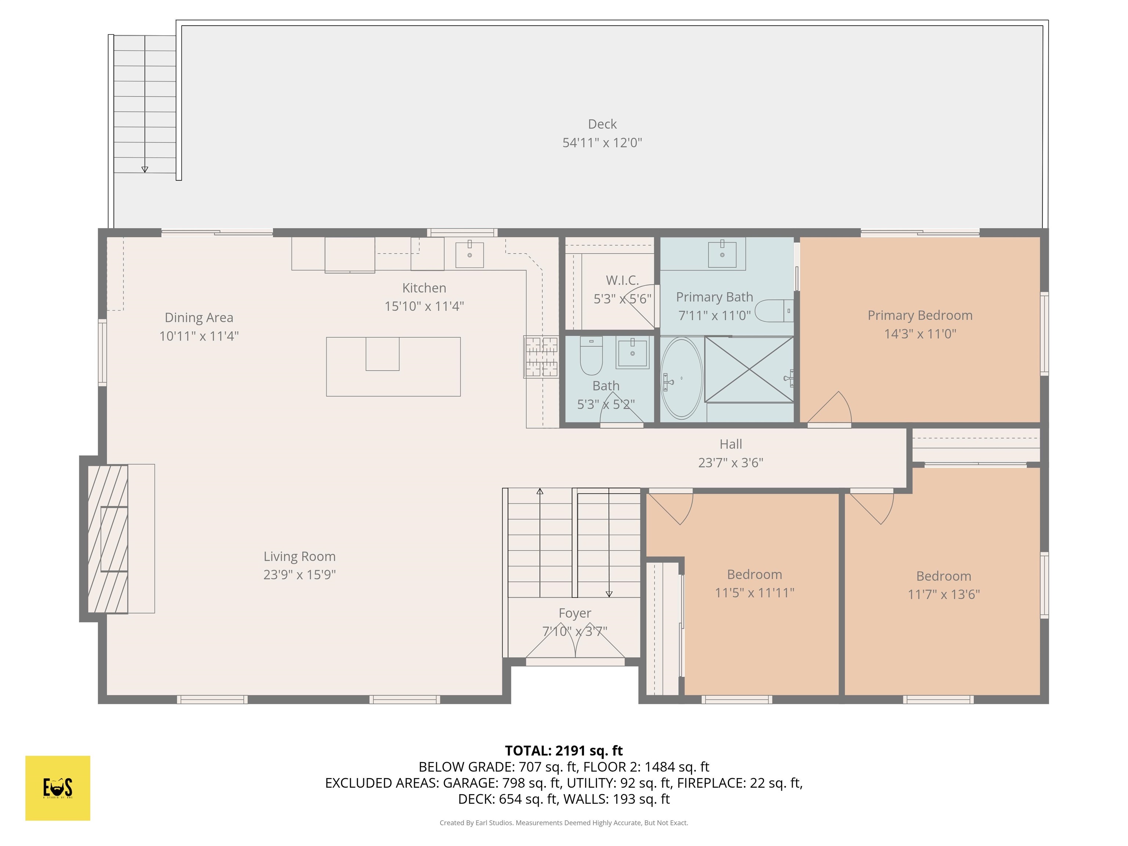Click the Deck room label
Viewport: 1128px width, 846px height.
602,124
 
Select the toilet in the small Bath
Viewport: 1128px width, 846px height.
591,355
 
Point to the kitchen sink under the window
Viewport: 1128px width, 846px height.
469,254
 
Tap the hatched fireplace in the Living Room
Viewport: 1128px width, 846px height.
108,539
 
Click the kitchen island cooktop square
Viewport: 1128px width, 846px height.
383,354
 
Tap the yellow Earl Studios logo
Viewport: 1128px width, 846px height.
58,788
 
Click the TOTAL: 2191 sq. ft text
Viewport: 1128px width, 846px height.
564,750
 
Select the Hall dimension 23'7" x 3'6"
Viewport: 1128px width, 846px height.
730,463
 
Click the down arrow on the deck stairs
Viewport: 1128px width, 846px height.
145,169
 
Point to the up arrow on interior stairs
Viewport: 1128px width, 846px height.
539,492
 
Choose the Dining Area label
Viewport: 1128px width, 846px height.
199,317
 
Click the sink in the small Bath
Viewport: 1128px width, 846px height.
632,352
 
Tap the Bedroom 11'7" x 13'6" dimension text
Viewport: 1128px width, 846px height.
943,594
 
